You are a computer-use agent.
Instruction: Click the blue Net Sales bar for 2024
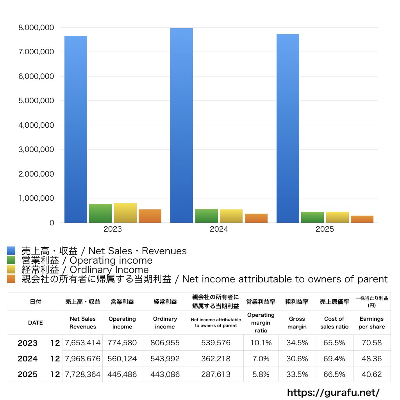point(182,125)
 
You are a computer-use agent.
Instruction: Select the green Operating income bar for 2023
point(100,213)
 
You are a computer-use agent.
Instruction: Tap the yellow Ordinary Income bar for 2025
point(337,217)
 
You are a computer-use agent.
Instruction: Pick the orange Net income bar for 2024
point(256,218)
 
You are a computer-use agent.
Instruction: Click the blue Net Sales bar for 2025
point(288,128)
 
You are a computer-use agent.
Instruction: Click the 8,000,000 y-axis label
point(36,28)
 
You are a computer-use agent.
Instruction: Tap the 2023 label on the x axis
point(112,229)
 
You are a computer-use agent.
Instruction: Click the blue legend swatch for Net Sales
point(11,250)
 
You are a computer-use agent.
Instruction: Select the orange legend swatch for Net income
point(11,279)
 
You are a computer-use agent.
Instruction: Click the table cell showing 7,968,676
point(83,359)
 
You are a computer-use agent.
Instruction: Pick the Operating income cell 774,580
point(122,343)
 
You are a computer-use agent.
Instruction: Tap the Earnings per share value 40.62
point(372,374)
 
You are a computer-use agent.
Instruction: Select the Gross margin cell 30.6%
point(297,359)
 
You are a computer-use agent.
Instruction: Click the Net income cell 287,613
point(216,374)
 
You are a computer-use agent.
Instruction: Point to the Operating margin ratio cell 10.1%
point(261,343)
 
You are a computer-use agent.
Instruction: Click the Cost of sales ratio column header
point(334,323)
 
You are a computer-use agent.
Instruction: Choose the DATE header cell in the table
point(36,323)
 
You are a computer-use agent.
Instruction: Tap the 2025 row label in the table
point(28,374)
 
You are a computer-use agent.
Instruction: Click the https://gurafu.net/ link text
point(333,392)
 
